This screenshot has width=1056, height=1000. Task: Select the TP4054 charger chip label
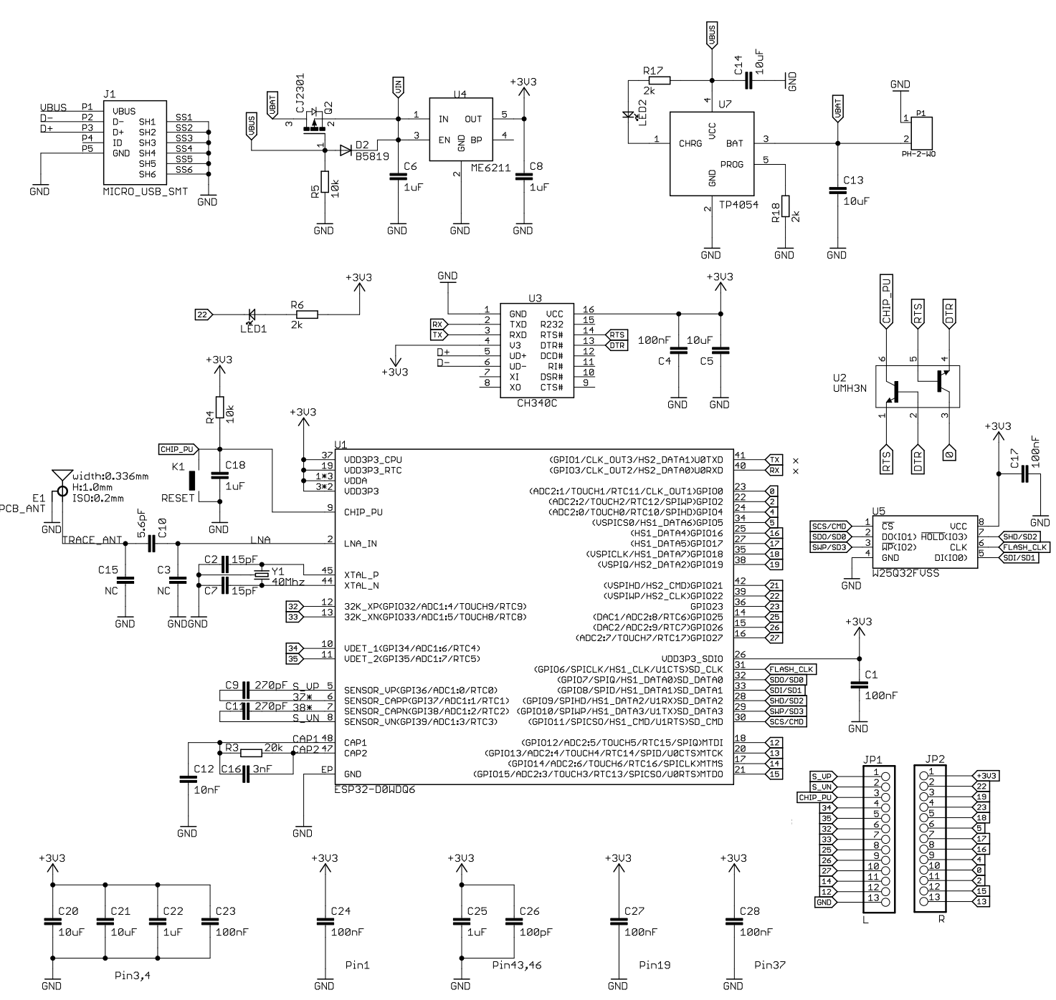click(739, 204)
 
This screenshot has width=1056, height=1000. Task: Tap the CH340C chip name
click(536, 403)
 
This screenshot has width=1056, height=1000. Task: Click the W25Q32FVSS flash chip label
click(905, 574)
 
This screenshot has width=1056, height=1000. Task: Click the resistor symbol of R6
click(306, 314)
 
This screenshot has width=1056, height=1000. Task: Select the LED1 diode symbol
click(252, 314)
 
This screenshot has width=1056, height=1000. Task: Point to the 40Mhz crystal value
click(288, 582)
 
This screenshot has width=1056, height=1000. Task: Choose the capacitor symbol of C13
click(836, 190)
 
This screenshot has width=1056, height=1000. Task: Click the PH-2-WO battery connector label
click(918, 154)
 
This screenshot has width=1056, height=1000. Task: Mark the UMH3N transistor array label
click(850, 388)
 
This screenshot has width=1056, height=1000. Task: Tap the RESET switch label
click(178, 498)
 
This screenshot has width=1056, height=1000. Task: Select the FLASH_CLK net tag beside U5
click(1025, 547)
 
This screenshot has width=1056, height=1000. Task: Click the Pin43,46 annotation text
click(516, 965)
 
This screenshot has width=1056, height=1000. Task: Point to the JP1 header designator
click(873, 759)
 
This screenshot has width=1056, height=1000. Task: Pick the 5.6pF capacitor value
click(142, 524)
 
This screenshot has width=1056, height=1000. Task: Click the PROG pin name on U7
click(732, 163)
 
